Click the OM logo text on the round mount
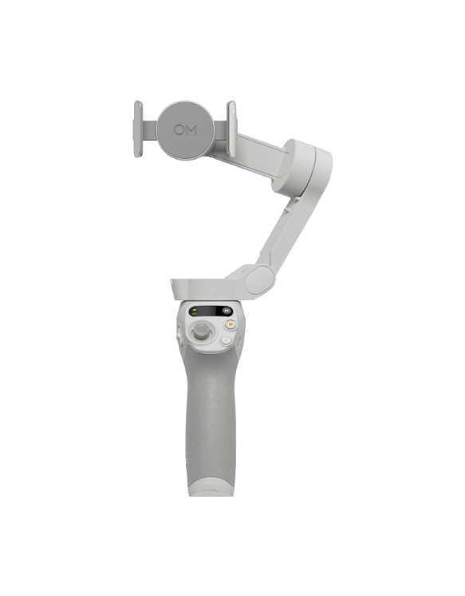pos(185,130)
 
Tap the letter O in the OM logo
pos(179,130)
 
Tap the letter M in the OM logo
pos(191,130)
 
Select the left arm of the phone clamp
pos(138,129)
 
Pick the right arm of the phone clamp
pos(231,129)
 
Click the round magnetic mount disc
pos(185,129)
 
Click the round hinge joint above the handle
pos(259,280)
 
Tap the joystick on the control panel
pos(200,332)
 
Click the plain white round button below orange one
pos(226,341)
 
